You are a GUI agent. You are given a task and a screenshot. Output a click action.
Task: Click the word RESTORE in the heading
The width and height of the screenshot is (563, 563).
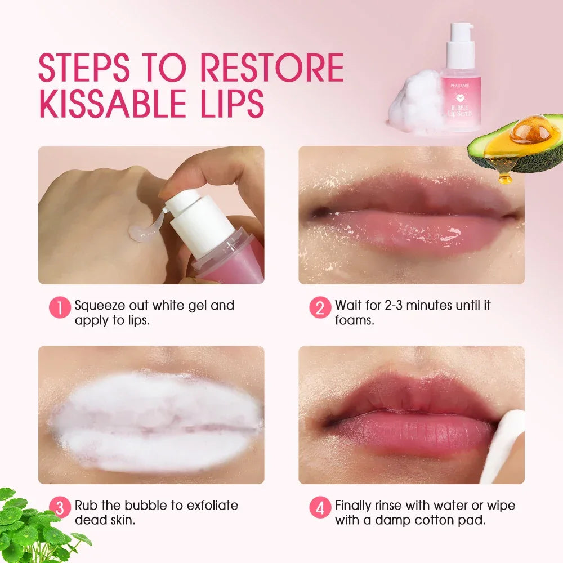(271, 69)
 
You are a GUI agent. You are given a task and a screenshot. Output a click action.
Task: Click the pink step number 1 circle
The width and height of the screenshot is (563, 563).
(60, 307)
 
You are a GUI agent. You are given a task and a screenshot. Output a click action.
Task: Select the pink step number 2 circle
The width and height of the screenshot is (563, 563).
(320, 307)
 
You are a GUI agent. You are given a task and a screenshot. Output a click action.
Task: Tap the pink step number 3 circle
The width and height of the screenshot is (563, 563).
(60, 507)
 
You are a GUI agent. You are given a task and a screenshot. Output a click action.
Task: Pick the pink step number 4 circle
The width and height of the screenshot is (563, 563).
(320, 507)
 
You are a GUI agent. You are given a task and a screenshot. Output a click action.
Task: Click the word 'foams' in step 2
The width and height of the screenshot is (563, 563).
(355, 320)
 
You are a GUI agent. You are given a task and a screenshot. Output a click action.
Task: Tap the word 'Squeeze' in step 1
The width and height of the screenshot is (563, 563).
(101, 305)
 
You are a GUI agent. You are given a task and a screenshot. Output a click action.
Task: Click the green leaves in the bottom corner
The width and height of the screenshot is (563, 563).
(34, 526)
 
